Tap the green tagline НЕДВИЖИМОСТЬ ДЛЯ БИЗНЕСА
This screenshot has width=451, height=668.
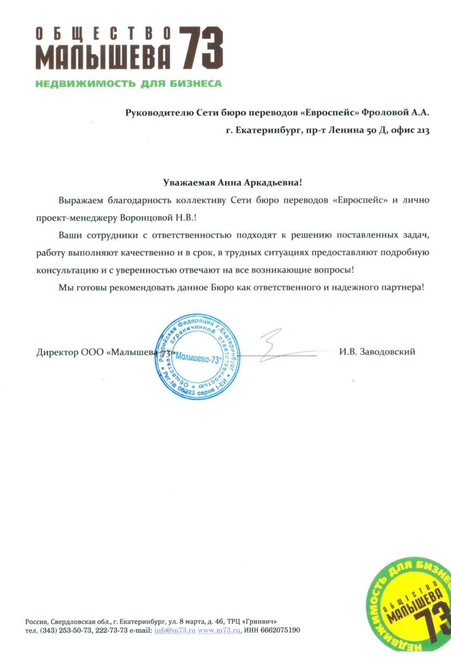point(129,83)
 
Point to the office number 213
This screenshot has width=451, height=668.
point(423,130)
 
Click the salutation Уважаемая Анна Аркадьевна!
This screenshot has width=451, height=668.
point(233,183)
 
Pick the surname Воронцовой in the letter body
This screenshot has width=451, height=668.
point(146,218)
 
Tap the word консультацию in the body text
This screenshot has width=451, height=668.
point(67,270)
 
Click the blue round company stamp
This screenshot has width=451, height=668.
point(197,357)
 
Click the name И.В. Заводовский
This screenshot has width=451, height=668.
point(377,352)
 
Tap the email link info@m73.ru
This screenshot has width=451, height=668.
point(175,630)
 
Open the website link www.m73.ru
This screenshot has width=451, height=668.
point(219,630)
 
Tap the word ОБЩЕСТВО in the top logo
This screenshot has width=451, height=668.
point(103,34)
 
